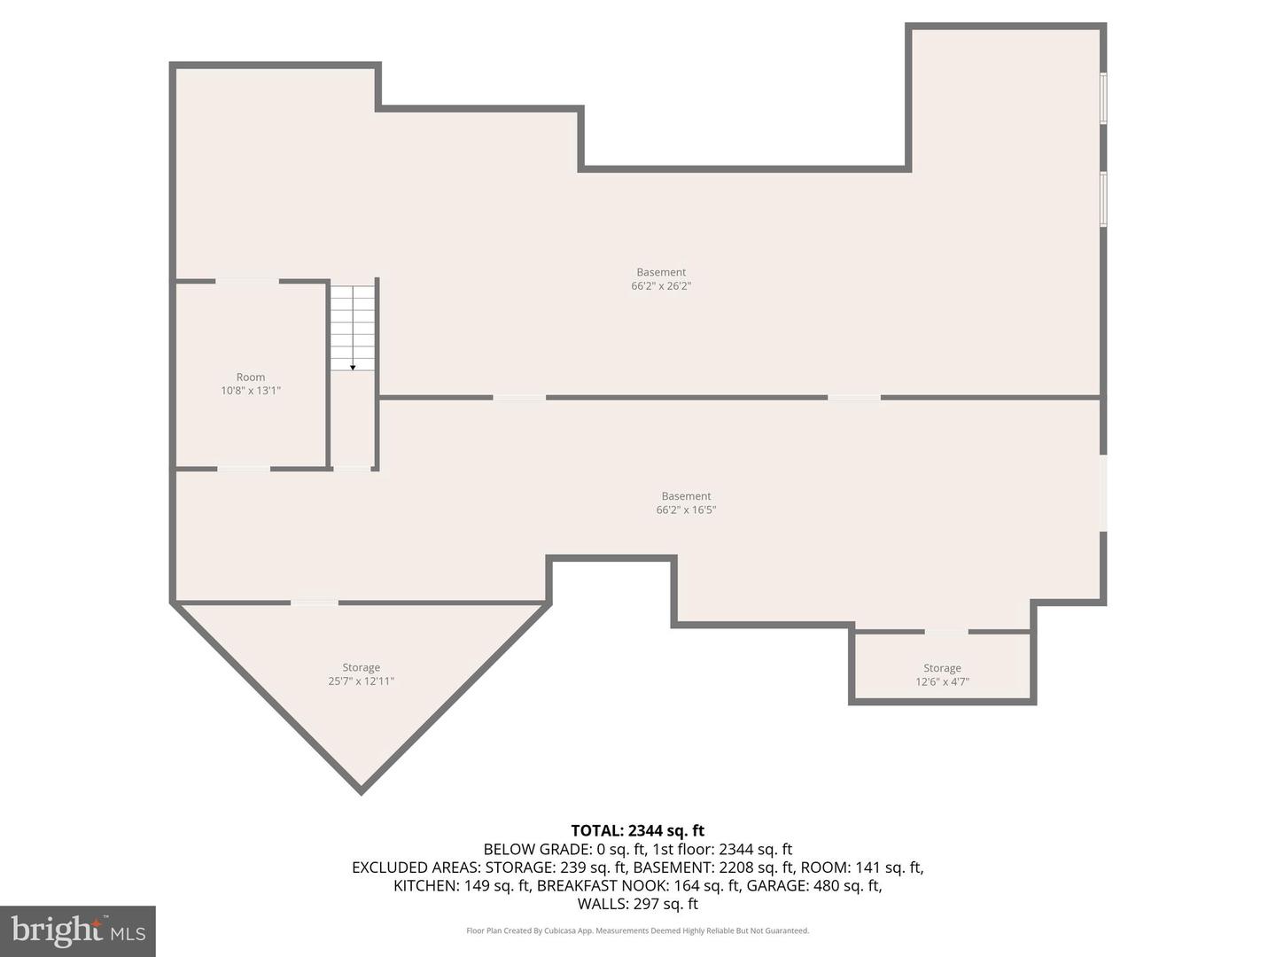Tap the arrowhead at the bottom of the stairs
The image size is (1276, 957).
click(x=353, y=367)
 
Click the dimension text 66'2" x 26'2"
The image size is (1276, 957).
click(x=661, y=286)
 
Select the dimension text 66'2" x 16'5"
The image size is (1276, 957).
click(x=686, y=510)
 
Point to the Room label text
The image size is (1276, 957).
click(x=251, y=377)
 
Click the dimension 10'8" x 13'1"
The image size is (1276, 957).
click(x=251, y=391)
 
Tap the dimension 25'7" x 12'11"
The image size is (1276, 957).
click(x=361, y=681)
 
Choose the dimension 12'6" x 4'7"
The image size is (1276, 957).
click(x=942, y=682)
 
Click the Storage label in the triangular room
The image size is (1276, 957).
click(x=361, y=667)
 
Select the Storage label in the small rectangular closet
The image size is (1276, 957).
click(x=942, y=668)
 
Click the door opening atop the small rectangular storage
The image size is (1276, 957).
click(x=945, y=632)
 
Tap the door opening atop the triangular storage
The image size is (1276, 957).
click(x=315, y=603)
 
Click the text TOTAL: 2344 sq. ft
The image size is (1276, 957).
click(x=637, y=830)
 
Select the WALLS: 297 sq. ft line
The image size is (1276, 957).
click(x=637, y=904)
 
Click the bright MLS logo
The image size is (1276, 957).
click(x=78, y=930)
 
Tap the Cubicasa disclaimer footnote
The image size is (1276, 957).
click(x=637, y=930)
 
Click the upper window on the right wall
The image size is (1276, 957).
click(x=1103, y=98)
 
